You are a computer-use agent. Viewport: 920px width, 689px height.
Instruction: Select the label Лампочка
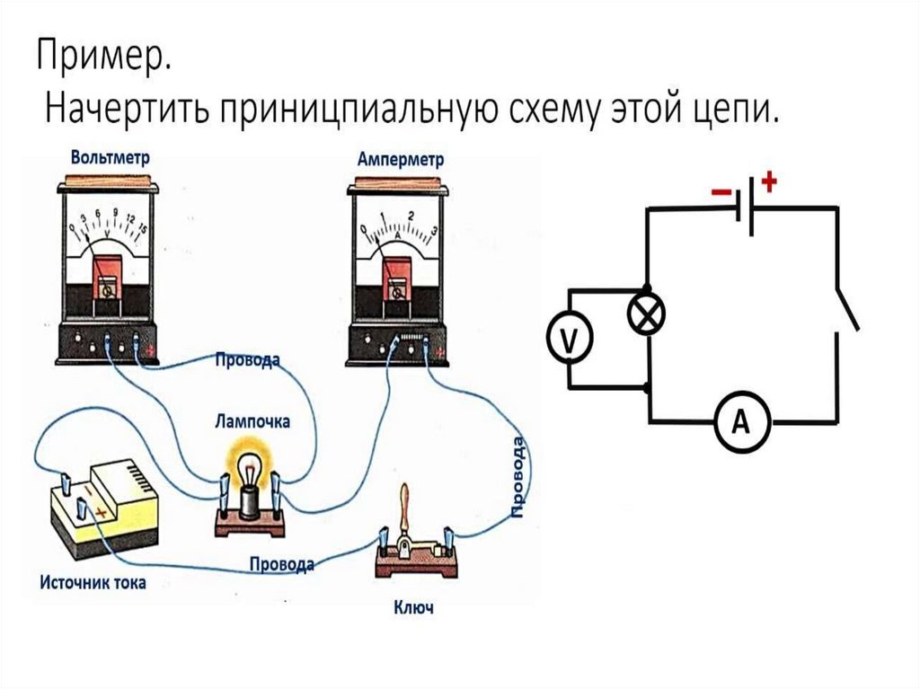coord(252,420)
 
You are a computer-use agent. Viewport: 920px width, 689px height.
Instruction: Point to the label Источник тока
coord(93,582)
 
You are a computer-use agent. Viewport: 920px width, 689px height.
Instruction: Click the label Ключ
coord(413,608)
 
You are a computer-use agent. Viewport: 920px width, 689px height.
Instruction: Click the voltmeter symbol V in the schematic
coord(569,340)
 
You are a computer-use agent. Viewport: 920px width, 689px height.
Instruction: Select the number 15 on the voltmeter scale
coord(142,229)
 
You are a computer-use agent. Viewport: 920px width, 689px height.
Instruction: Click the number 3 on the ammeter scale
coord(434,231)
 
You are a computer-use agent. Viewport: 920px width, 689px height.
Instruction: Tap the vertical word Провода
coord(518,476)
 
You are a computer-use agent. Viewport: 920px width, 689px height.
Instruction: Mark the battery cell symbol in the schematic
coord(744,208)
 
